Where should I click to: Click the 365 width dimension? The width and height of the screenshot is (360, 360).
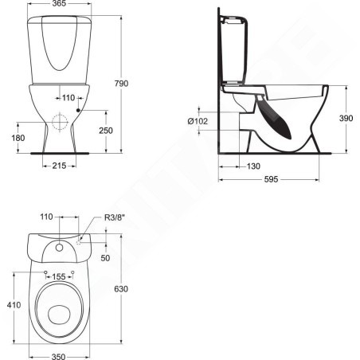click(59, 3)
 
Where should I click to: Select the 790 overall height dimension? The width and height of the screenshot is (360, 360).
click(121, 84)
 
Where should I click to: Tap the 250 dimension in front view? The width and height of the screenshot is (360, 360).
click(106, 131)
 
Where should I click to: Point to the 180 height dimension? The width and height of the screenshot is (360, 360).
click(18, 138)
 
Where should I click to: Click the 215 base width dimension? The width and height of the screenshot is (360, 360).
click(59, 166)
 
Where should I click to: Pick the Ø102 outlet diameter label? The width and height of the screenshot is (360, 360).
click(198, 121)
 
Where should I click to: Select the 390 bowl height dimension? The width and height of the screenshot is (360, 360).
click(346, 118)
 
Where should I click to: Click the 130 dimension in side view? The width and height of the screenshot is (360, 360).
click(253, 166)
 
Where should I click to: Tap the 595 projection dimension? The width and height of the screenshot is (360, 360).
click(271, 179)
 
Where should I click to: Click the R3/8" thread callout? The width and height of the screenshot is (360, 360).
click(115, 217)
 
